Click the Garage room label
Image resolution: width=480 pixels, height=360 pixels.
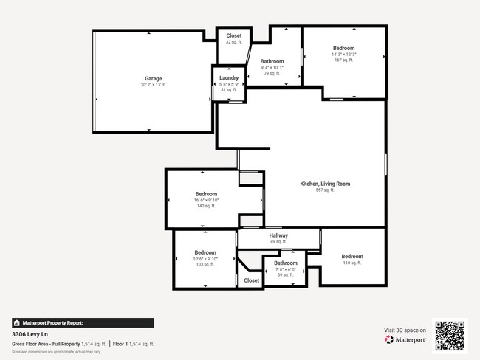coord(153,78)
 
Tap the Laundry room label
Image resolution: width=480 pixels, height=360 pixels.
coord(229,77)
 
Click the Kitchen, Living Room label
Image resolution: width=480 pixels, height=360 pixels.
coord(325,184)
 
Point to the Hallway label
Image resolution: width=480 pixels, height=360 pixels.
coord(278,235)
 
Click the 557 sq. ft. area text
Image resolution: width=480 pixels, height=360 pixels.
coord(325,190)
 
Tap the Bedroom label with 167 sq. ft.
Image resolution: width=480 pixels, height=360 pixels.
coord(343,48)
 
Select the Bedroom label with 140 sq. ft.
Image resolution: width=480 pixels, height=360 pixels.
coord(206,194)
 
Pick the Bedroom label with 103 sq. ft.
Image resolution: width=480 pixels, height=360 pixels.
coord(205,252)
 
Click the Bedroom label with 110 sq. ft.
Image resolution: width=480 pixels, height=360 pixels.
coord(352,257)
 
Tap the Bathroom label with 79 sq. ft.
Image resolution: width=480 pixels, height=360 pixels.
coord(272,61)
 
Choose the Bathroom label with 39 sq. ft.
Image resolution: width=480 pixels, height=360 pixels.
coord(286,263)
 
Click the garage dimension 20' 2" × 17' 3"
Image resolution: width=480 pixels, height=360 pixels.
coord(153,85)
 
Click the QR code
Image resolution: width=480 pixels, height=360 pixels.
coord(450,336)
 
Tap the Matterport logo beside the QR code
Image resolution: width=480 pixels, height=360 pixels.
coord(405,340)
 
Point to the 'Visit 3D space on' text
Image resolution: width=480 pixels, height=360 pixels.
coord(405,330)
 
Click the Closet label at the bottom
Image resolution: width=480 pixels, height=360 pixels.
coord(252,280)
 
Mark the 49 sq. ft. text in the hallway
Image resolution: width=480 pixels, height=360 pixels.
coord(278,242)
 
